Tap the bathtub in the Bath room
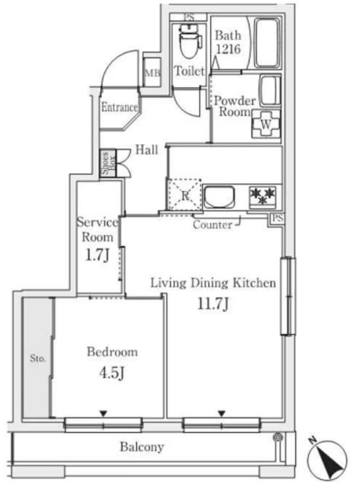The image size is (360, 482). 267,43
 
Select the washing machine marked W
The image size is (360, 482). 266,124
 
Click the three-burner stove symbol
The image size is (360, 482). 262,197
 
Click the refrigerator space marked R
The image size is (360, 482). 184,195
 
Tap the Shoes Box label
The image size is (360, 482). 108,163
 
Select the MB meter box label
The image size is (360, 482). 153,73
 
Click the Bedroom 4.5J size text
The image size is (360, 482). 112,373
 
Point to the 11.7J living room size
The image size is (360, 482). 213,304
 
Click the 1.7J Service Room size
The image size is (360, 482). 97,255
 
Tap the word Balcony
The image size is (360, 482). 142,447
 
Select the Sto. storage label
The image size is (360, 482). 37,358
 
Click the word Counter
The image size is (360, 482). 212,225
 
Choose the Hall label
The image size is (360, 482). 147,150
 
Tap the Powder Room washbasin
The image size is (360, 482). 271,91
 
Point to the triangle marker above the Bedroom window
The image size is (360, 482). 103,414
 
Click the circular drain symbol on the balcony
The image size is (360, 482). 279,437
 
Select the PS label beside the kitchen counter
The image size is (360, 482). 277,218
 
